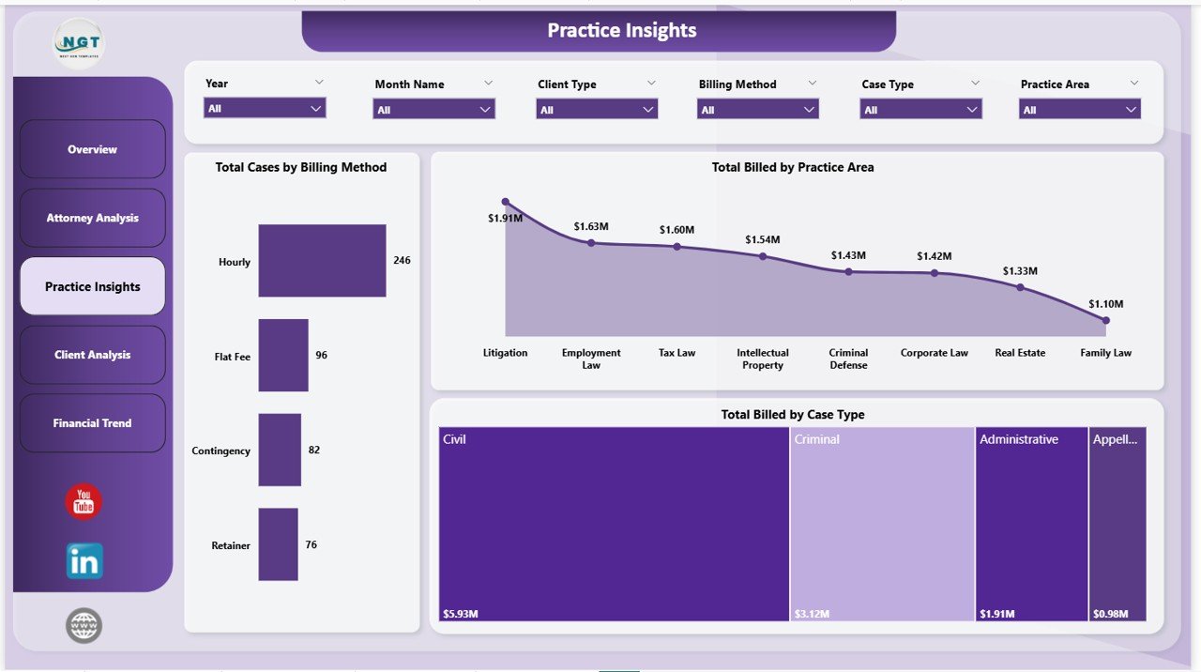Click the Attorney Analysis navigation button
coord(92,218)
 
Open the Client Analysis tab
coord(92,355)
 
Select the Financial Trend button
coord(92,423)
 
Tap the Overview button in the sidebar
coord(92,149)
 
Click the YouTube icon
coord(84,501)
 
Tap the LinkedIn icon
coord(84,561)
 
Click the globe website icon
coord(84,625)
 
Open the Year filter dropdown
coord(265,109)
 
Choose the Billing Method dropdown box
coord(757,110)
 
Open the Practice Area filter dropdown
coord(1079,110)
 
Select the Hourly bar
coord(322,260)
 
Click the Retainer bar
coord(278,544)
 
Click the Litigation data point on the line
coord(506,202)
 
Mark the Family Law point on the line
coord(1105,320)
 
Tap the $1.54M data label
coord(762,240)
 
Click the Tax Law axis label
coord(677,353)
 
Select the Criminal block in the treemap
coord(882,524)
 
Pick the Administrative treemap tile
coord(1030,524)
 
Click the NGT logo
coord(79,43)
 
